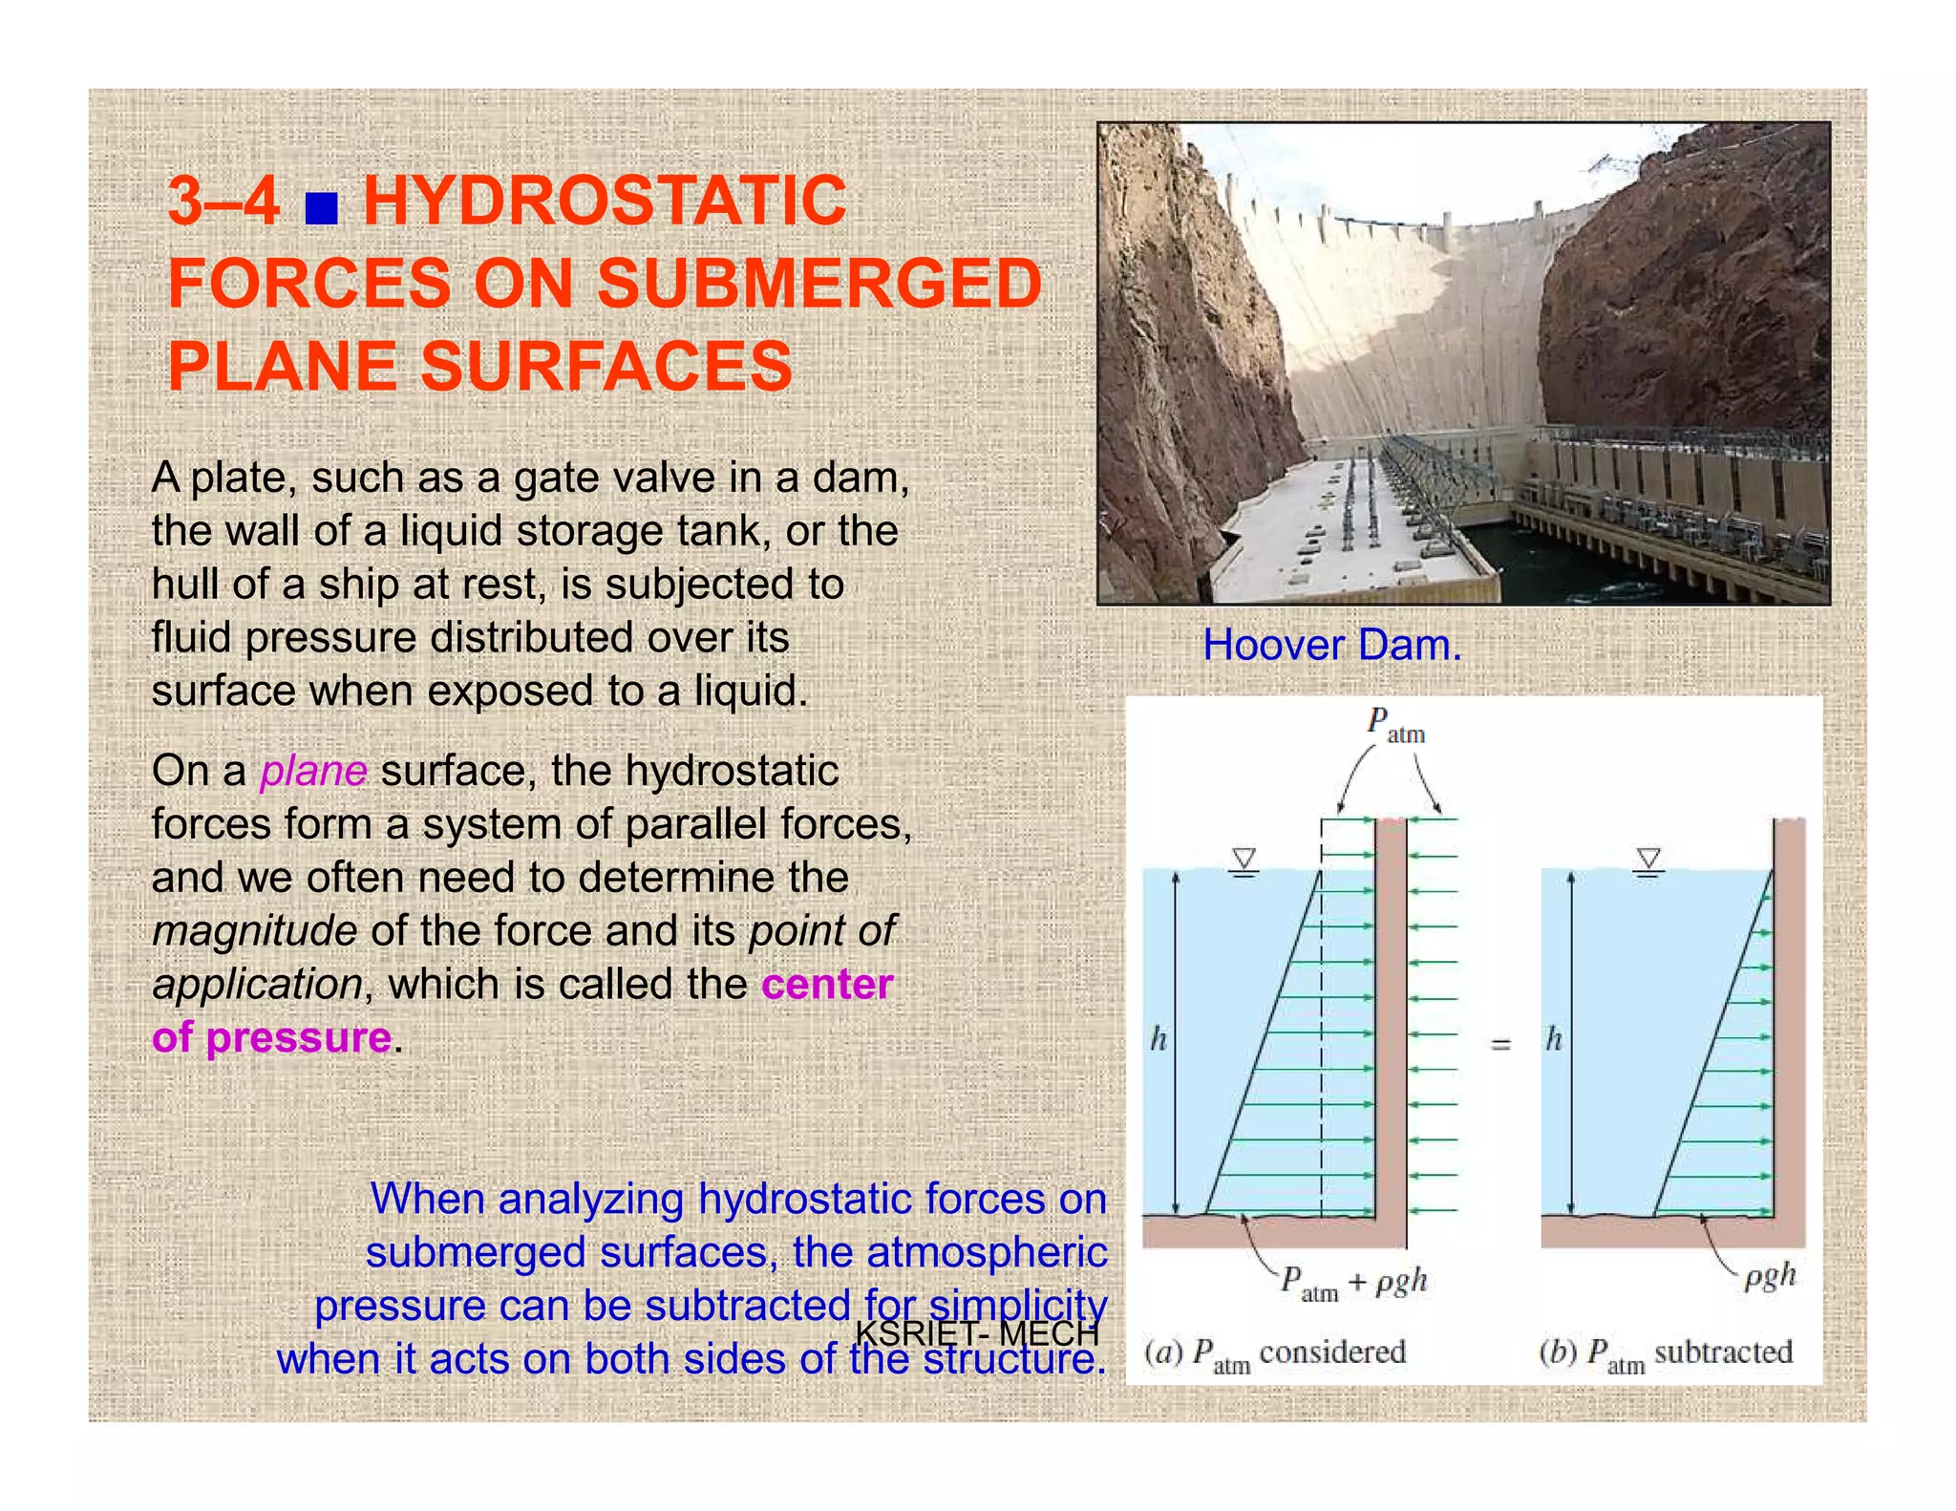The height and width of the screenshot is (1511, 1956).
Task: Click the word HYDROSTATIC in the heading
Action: coord(605,202)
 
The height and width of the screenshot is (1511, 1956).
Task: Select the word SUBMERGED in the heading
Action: coord(819,284)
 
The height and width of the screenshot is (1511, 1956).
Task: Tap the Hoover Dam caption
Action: coord(1331,646)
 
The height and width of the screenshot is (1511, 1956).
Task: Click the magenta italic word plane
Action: coord(313,771)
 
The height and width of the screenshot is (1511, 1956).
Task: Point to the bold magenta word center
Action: coord(827,984)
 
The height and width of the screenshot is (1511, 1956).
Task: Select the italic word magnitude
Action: coord(254,930)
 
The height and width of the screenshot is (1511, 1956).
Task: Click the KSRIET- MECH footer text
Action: coord(977,1333)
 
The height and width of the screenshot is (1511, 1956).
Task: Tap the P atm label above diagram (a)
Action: coord(1395,725)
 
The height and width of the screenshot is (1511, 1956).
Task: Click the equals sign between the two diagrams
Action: coord(1501,1045)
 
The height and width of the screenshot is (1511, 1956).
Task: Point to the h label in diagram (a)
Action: coord(1159,1039)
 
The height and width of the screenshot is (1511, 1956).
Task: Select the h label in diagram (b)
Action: coord(1554,1039)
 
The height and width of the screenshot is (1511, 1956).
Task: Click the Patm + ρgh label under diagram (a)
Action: coord(1353,1282)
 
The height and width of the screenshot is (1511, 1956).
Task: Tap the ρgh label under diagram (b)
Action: coord(1770,1276)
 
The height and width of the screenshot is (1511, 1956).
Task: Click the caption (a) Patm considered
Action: coord(1275,1353)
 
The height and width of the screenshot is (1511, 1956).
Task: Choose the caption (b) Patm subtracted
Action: coord(1666,1353)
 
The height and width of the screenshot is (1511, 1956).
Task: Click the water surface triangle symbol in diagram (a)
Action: coord(1244,861)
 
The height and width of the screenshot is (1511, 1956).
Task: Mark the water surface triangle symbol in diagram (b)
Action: coord(1648,861)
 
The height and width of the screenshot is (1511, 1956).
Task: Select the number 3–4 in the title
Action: coord(223,202)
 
